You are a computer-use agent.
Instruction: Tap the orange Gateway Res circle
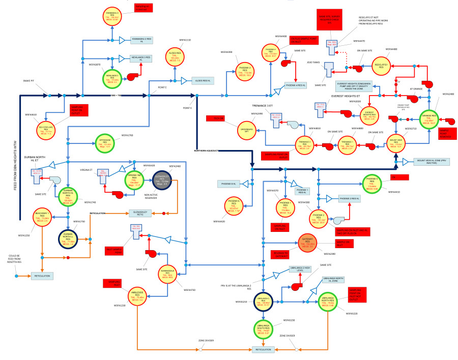(x=307, y=245)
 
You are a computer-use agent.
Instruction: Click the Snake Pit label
(x=30, y=81)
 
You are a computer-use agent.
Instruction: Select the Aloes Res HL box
(x=204, y=80)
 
